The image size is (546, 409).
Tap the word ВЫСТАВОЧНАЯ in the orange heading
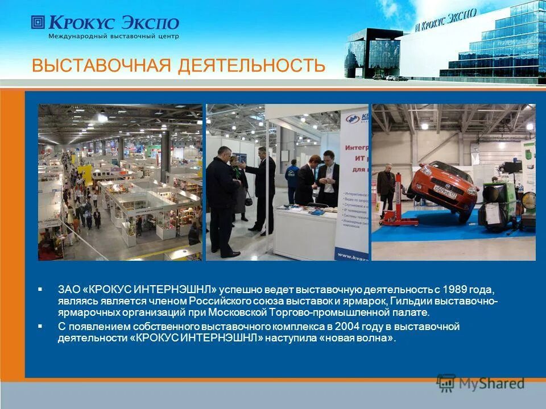pyautogui.click(x=102, y=65)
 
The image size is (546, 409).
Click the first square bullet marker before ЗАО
pyautogui.click(x=40, y=289)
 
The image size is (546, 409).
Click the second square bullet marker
pyautogui.click(x=40, y=327)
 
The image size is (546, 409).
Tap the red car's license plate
pyautogui.click(x=445, y=188)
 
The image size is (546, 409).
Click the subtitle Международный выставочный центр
pyautogui.click(x=114, y=36)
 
